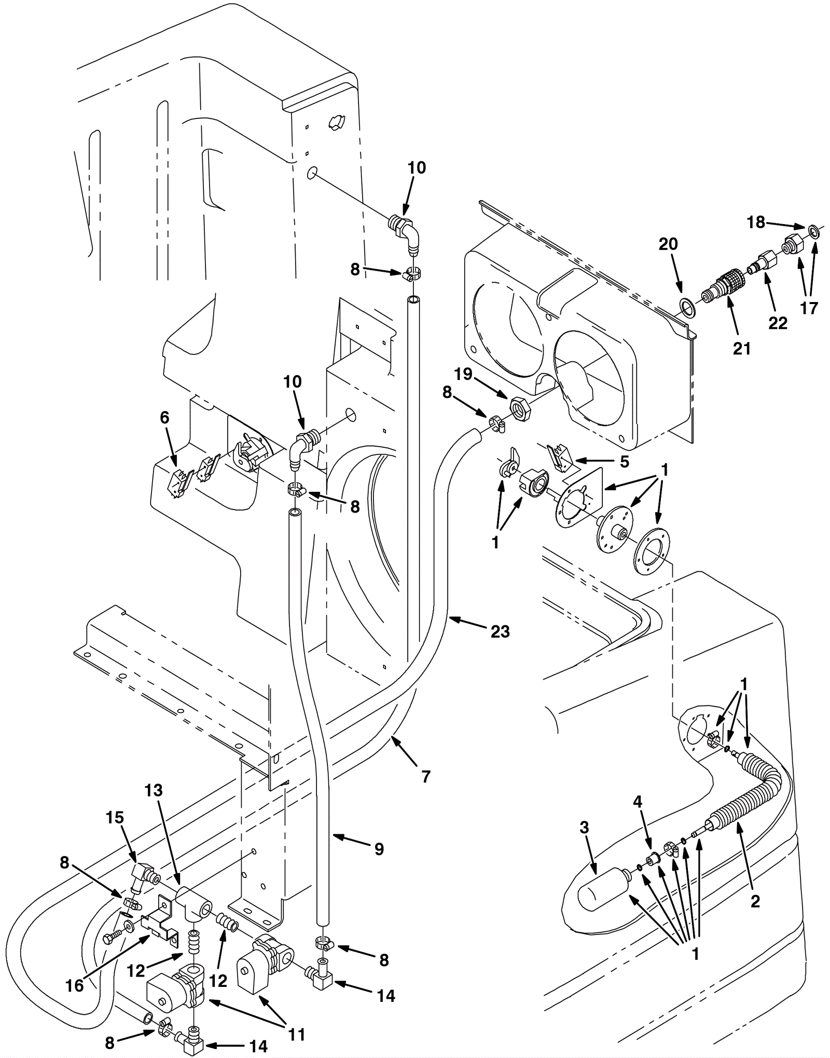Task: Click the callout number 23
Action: tap(500, 631)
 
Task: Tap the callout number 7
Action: tap(426, 777)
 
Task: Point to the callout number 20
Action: tap(668, 244)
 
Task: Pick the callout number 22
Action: tap(778, 323)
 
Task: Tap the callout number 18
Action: tap(756, 222)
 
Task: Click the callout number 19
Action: tap(463, 374)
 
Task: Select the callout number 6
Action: tap(164, 418)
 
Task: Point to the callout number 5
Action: tap(624, 461)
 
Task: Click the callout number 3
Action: tap(584, 828)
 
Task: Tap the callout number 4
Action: tap(638, 802)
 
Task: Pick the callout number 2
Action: tap(755, 901)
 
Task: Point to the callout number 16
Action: tap(75, 986)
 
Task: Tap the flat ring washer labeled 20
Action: tap(687, 307)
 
